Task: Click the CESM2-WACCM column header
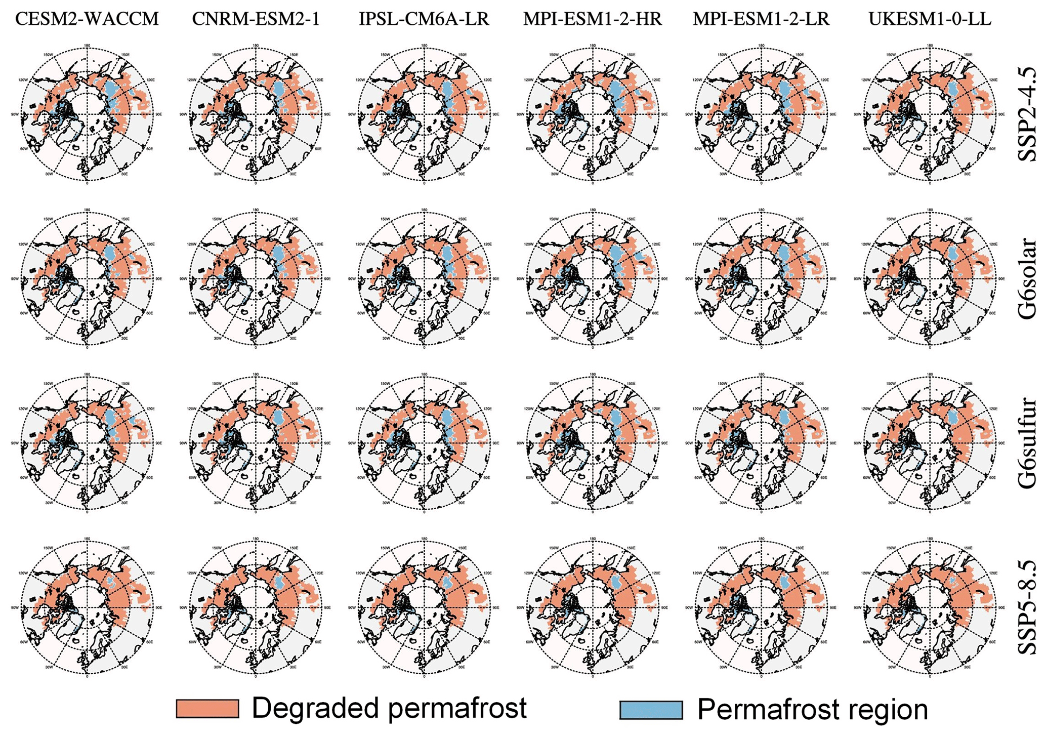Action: pos(87,19)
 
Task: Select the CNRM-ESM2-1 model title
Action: pos(256,19)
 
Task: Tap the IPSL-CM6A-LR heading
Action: pos(424,19)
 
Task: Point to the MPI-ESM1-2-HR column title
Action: pos(593,19)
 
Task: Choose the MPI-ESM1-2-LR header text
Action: pos(761,19)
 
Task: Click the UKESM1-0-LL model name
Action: pos(930,19)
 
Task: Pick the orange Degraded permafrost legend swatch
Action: pos(207,709)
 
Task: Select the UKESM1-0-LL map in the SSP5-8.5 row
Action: pos(930,607)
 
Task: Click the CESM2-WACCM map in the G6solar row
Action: pos(87,278)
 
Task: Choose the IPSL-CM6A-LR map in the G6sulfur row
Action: pos(424,443)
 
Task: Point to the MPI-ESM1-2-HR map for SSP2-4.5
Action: pos(593,114)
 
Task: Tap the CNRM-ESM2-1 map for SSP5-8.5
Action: pos(256,607)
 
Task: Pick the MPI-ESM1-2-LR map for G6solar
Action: pos(761,278)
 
